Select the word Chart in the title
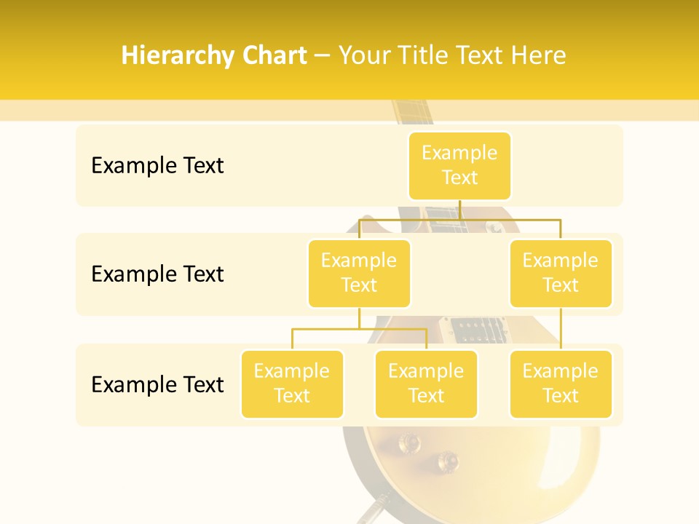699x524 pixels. pyautogui.click(x=273, y=55)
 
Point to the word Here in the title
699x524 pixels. pyautogui.click(x=538, y=55)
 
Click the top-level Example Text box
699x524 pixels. pyautogui.click(x=459, y=166)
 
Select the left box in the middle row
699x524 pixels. pyautogui.click(x=359, y=273)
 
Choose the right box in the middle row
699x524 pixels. pyautogui.click(x=561, y=273)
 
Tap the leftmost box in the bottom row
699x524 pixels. pyautogui.click(x=292, y=384)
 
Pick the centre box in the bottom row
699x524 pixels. pyautogui.click(x=426, y=384)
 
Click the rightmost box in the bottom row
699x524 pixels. pyautogui.click(x=561, y=384)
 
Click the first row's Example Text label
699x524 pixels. pyautogui.click(x=157, y=166)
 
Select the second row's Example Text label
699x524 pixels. pyautogui.click(x=157, y=274)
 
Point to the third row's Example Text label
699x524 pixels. pyautogui.click(x=157, y=384)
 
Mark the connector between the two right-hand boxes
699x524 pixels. pyautogui.click(x=561, y=329)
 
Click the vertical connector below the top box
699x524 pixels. pyautogui.click(x=459, y=210)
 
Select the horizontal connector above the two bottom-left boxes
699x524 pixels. pyautogui.click(x=359, y=329)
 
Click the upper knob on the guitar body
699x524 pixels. pyautogui.click(x=408, y=442)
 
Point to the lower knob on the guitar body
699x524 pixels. pyautogui.click(x=446, y=460)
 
